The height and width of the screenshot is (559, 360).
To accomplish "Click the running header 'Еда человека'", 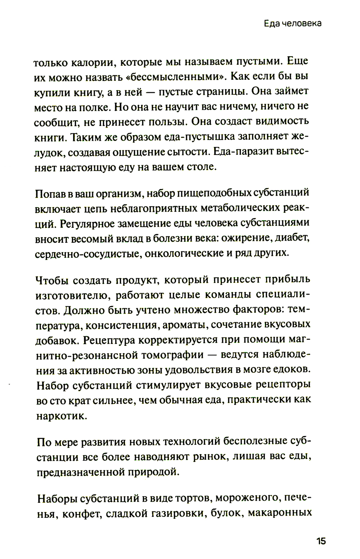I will point(292,23).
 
